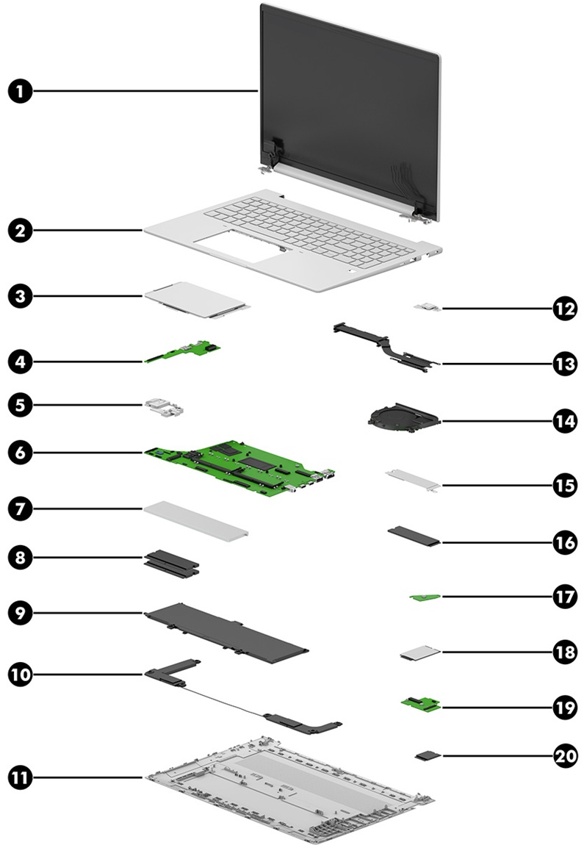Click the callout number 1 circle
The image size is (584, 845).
pos(20,91)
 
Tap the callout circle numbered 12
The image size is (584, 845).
pos(565,309)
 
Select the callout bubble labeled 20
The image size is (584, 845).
pos(565,756)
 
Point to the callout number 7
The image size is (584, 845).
pos(20,508)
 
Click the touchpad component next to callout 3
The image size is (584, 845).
pos(197,299)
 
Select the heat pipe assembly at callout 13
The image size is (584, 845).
pos(385,348)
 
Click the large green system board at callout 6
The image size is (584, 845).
pos(239,468)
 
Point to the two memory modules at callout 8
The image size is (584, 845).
pos(171,562)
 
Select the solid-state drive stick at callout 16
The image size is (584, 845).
pos(415,536)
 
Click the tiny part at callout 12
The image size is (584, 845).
pos(428,309)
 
